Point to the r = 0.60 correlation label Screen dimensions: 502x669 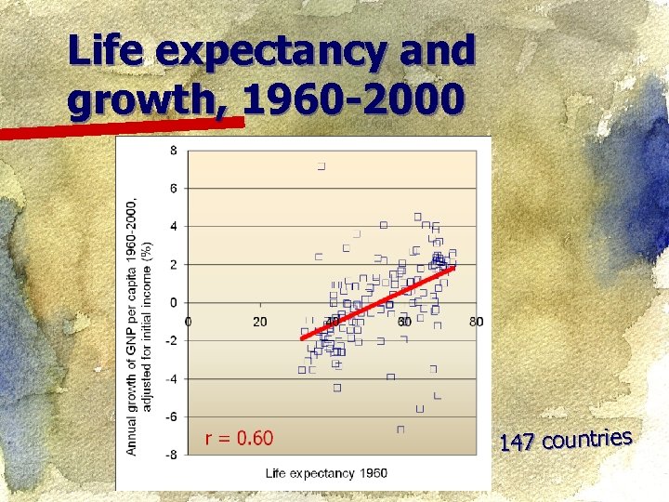239,438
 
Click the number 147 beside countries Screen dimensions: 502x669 516,443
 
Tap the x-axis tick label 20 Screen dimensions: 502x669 260,322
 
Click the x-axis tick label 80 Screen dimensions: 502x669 476,322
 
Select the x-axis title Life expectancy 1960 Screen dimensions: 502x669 326,473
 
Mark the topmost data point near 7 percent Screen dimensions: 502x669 321,166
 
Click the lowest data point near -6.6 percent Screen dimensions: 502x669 400,429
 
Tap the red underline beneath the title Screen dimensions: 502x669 121,127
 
